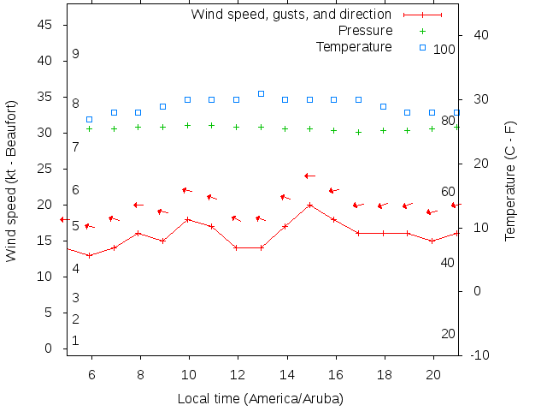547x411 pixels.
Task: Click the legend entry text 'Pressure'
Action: coord(366,31)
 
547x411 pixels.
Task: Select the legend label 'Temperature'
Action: coord(354,46)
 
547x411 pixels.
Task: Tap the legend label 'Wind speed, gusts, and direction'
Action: coord(291,15)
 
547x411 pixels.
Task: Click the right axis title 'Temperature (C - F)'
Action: coord(510,181)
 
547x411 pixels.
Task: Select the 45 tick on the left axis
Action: coord(46,26)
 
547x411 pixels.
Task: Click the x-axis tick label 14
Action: coord(285,374)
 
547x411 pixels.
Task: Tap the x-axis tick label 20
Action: coord(432,374)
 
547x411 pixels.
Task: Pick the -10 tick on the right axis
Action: coord(480,355)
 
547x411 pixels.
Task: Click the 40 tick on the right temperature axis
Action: coord(480,35)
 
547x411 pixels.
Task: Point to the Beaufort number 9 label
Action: coord(76,54)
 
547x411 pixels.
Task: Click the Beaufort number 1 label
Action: coord(76,341)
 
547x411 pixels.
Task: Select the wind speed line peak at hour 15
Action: coord(310,205)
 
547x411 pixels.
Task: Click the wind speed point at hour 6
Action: coord(90,255)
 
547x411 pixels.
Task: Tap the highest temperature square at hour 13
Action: coord(261,93)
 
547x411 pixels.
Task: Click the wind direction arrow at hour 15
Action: coord(309,176)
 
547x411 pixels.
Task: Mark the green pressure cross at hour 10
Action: coord(187,125)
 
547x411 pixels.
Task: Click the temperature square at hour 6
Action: coord(90,119)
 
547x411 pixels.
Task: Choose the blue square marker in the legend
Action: coord(422,46)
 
